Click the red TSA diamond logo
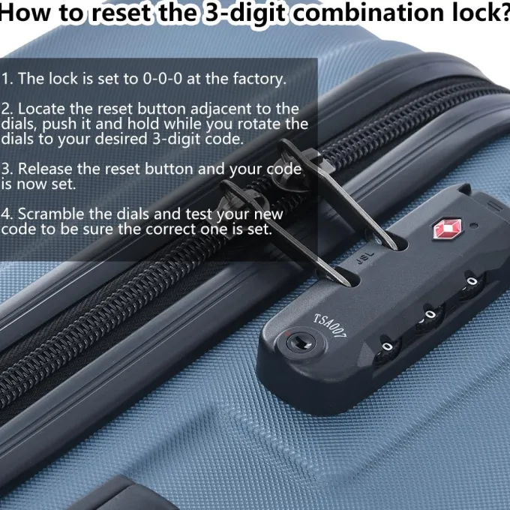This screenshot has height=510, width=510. point(448,229)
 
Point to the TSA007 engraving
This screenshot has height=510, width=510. point(330,326)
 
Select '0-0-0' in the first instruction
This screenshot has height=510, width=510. point(163,79)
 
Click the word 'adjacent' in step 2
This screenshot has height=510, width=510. point(221,109)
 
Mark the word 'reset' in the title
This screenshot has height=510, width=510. point(121,13)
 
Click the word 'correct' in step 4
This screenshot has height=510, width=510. point(170,229)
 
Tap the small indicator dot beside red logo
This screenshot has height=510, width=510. point(474,225)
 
